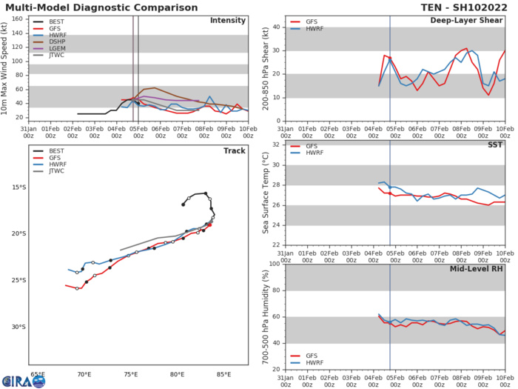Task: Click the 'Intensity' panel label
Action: pyautogui.click(x=228, y=20)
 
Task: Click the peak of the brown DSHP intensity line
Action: pyautogui.click(x=152, y=88)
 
